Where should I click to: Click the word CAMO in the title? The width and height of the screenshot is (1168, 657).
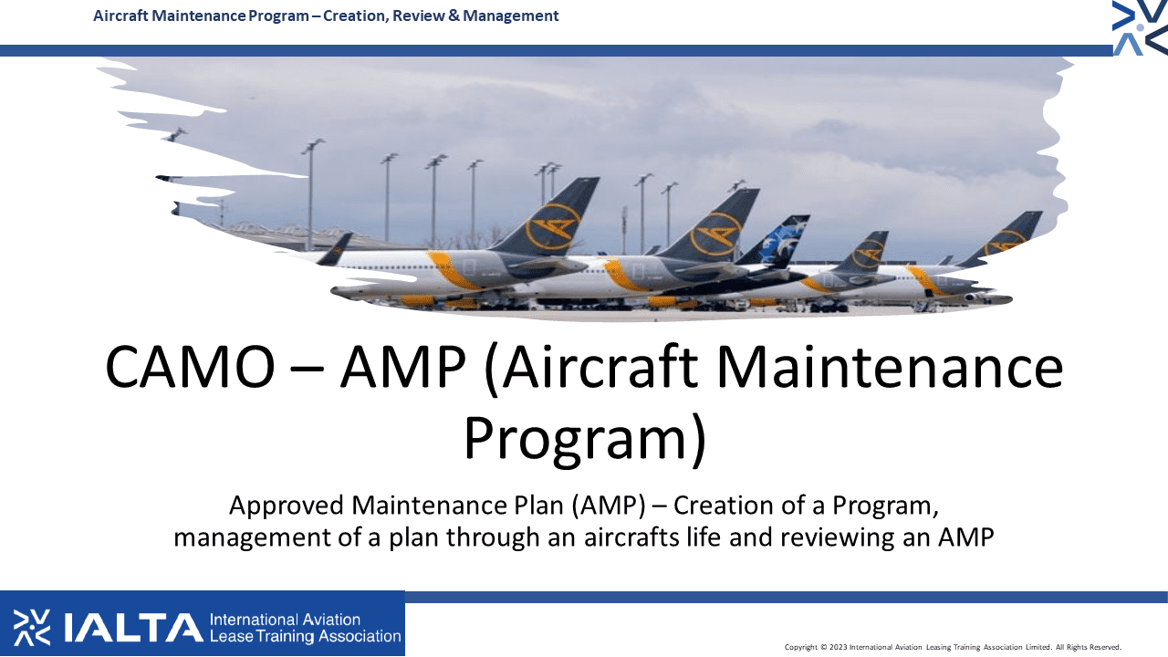point(191,367)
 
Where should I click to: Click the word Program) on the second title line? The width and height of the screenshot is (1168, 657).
point(585,437)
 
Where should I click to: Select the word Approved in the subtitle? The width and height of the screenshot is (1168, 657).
point(287,506)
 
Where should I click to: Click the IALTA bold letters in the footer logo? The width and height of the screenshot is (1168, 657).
point(133,628)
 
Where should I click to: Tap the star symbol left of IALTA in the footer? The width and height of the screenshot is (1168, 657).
point(32,627)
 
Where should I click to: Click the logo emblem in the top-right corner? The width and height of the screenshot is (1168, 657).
point(1140,27)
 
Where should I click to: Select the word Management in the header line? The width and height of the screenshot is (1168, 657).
point(510,16)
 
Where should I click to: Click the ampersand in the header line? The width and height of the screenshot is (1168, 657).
point(454,16)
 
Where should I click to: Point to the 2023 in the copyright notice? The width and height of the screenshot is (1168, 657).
point(839,647)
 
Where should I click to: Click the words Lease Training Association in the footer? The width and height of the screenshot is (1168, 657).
point(305,636)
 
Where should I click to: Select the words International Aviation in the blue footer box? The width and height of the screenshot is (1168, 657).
point(285,620)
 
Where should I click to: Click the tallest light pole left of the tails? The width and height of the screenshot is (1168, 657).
point(311,194)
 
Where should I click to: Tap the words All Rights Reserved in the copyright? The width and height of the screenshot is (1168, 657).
point(1089,647)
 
